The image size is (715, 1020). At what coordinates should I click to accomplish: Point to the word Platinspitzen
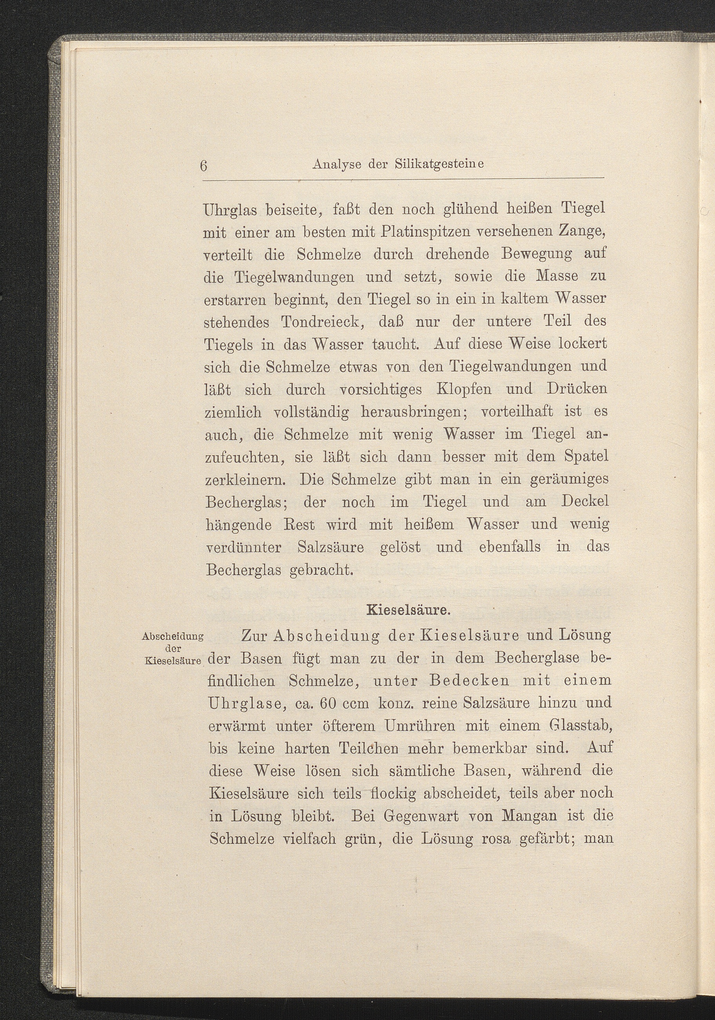click(x=416, y=232)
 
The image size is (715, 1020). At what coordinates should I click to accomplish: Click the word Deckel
click(x=585, y=501)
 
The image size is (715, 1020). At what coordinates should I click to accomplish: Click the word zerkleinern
click(x=247, y=479)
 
